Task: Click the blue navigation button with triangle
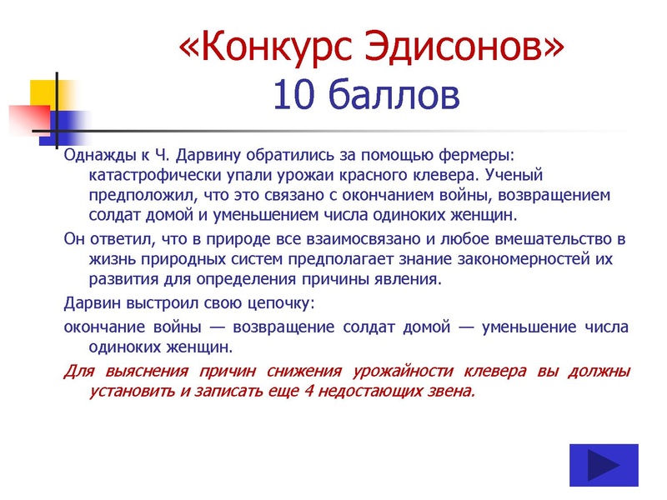pyautogui.click(x=604, y=465)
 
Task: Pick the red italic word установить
pyautogui.click(x=134, y=390)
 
